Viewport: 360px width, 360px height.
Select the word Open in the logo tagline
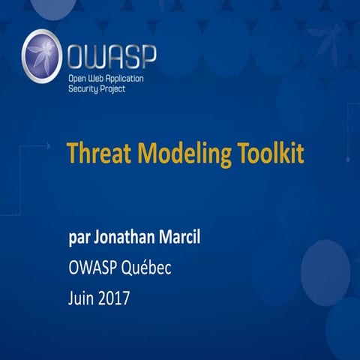[x=79, y=77]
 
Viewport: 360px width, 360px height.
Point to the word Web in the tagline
[x=98, y=77]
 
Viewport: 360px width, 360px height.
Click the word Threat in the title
[x=93, y=153]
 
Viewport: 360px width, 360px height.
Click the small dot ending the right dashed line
[x=347, y=159]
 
